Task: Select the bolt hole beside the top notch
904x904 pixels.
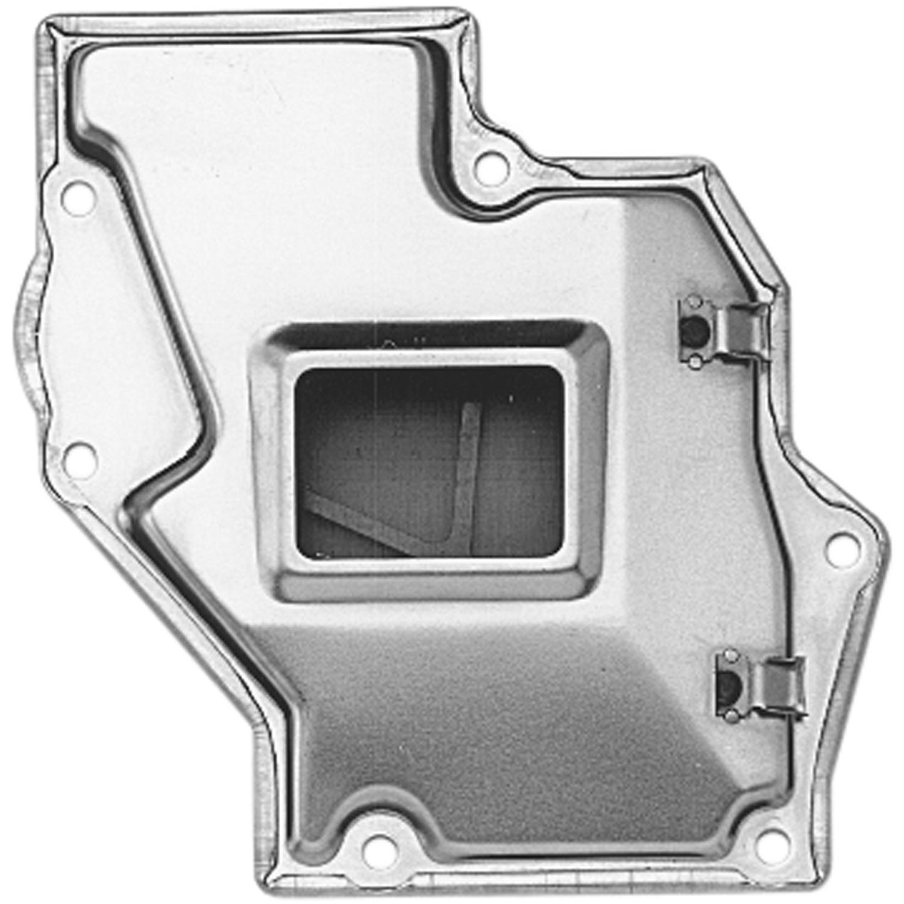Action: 491,168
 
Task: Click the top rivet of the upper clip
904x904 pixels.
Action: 694,301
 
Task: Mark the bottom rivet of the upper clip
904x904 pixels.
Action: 695,361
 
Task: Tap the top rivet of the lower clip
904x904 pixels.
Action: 730,656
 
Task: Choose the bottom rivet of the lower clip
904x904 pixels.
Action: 731,716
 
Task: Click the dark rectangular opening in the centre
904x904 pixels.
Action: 429,461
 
